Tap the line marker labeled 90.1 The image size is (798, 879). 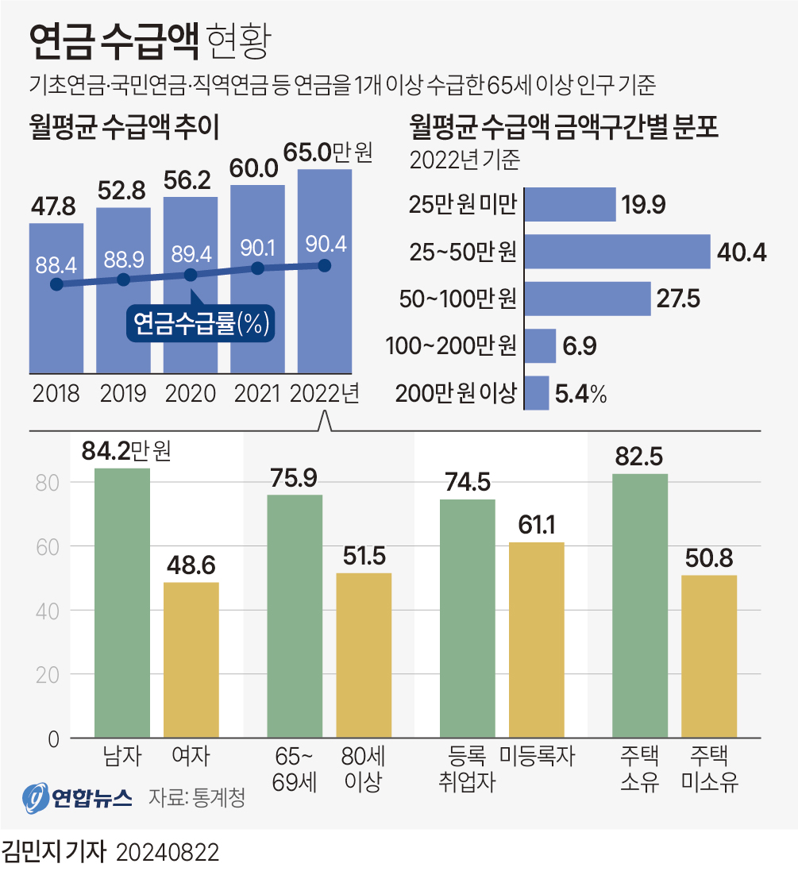(x=258, y=268)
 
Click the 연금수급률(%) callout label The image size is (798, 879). (x=201, y=322)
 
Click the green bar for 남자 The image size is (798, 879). (x=122, y=603)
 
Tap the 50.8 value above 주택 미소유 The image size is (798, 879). (x=709, y=557)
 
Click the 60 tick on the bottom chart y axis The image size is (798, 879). (x=51, y=546)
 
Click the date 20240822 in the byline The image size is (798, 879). (x=168, y=854)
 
